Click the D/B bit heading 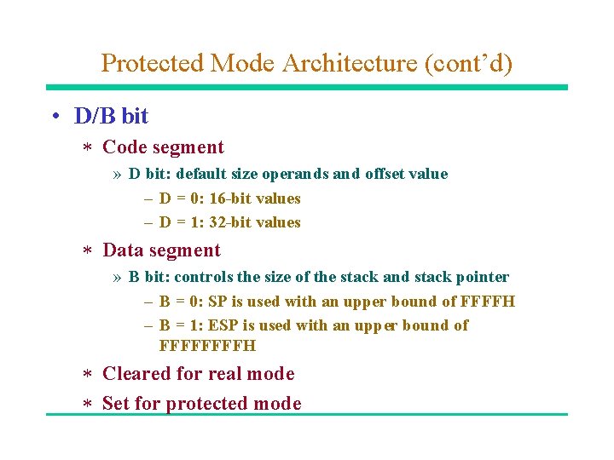pos(111,117)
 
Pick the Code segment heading pos(163,147)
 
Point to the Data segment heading pos(161,250)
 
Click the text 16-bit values pos(255,198)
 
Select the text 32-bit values pos(255,222)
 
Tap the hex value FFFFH pos(488,302)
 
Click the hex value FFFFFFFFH pos(207,346)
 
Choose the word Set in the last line pos(116,404)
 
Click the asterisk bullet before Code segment pos(85,149)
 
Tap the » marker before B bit pos(117,278)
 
